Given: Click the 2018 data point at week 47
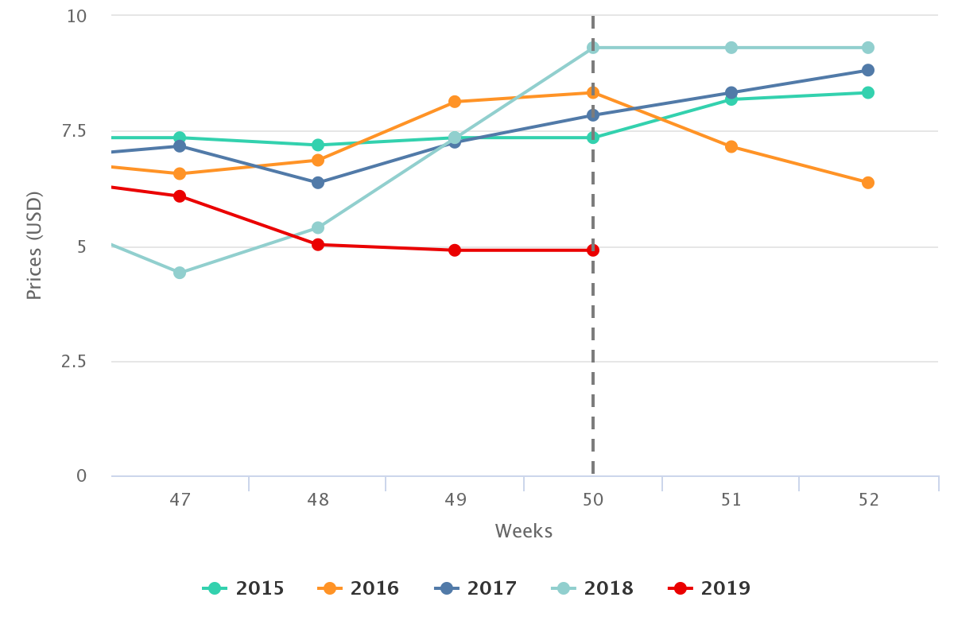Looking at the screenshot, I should [180, 273].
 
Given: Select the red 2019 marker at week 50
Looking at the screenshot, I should [593, 250].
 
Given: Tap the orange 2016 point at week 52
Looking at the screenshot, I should [868, 182].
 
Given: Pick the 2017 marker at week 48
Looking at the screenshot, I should [317, 182].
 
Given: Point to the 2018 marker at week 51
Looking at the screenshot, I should [731, 48].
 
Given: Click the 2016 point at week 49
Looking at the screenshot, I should [455, 101].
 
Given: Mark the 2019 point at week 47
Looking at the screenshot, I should [180, 196].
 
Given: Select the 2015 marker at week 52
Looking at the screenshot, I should [868, 92].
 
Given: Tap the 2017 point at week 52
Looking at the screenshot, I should [868, 70].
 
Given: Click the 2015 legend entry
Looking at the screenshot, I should [244, 588].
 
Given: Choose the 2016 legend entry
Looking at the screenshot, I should [359, 588].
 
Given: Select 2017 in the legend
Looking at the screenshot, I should [476, 588].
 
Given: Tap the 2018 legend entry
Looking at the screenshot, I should [593, 588].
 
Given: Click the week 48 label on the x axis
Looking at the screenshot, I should [317, 499].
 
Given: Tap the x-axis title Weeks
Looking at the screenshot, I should [524, 531].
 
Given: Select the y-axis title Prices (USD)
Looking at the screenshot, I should [33, 246].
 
